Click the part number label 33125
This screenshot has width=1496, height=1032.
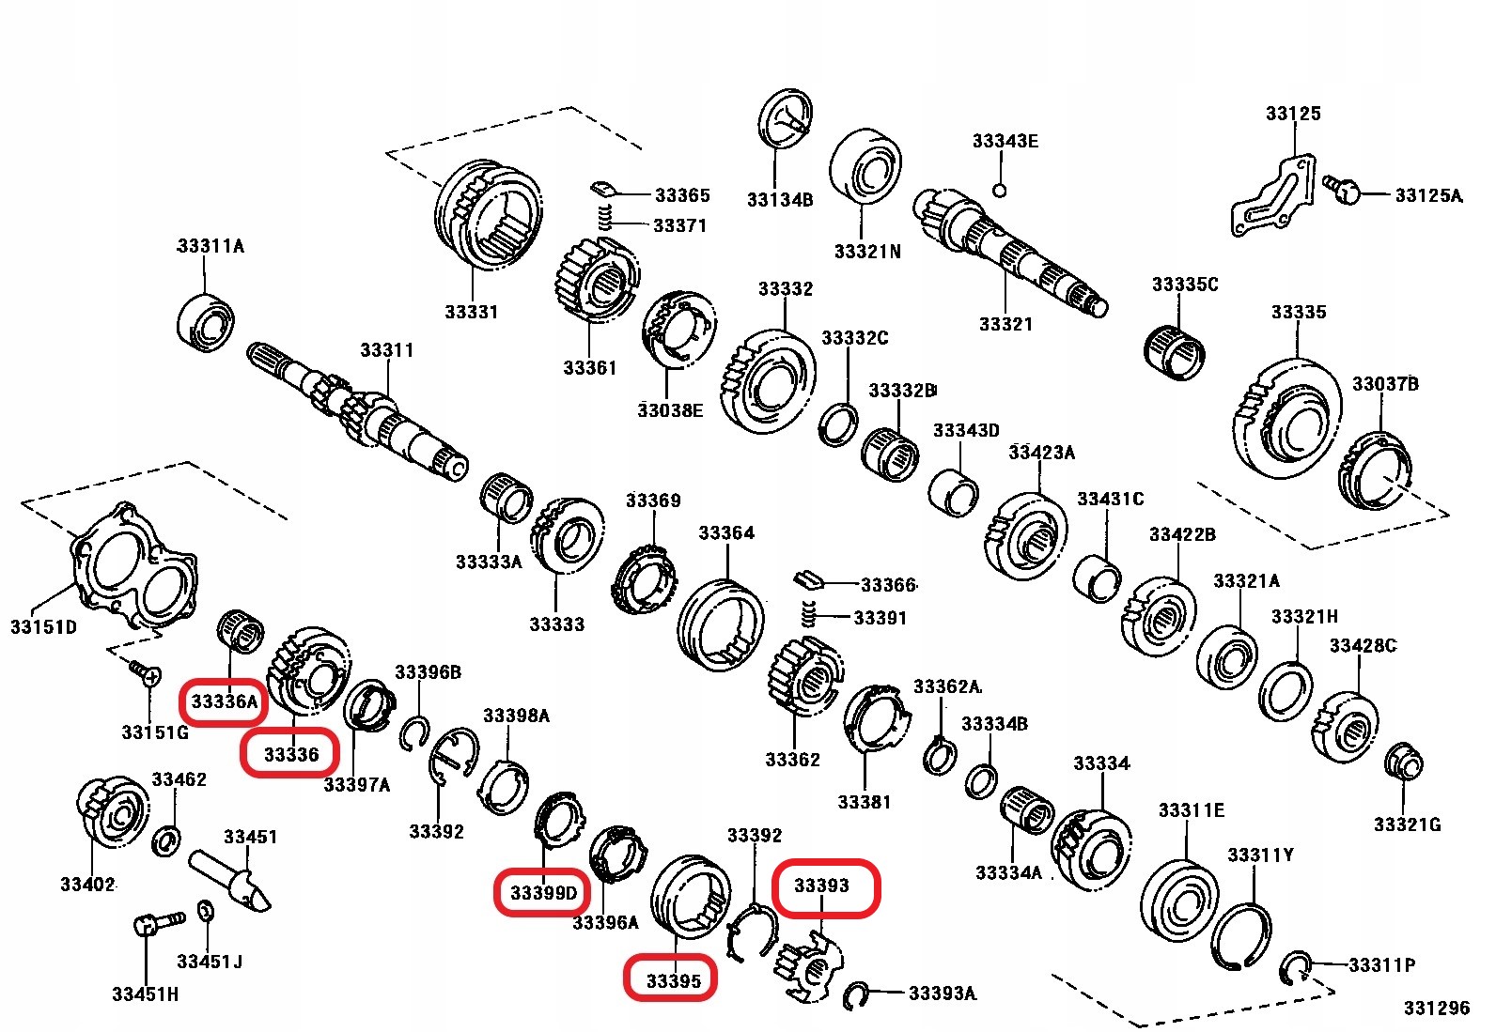[1292, 114]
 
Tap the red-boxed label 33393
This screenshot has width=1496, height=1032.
[822, 886]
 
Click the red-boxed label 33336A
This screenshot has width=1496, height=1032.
[224, 701]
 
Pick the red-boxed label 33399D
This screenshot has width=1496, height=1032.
[543, 892]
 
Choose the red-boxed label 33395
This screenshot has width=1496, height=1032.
[673, 981]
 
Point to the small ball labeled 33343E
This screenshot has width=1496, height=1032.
[1000, 191]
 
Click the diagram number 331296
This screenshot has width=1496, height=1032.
[1435, 1008]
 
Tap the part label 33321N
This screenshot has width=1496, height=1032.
[866, 252]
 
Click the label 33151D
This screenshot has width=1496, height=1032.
[43, 626]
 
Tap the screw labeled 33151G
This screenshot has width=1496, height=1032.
[145, 672]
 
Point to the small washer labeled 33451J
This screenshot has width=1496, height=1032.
[207, 911]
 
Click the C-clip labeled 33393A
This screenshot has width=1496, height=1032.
[855, 995]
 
